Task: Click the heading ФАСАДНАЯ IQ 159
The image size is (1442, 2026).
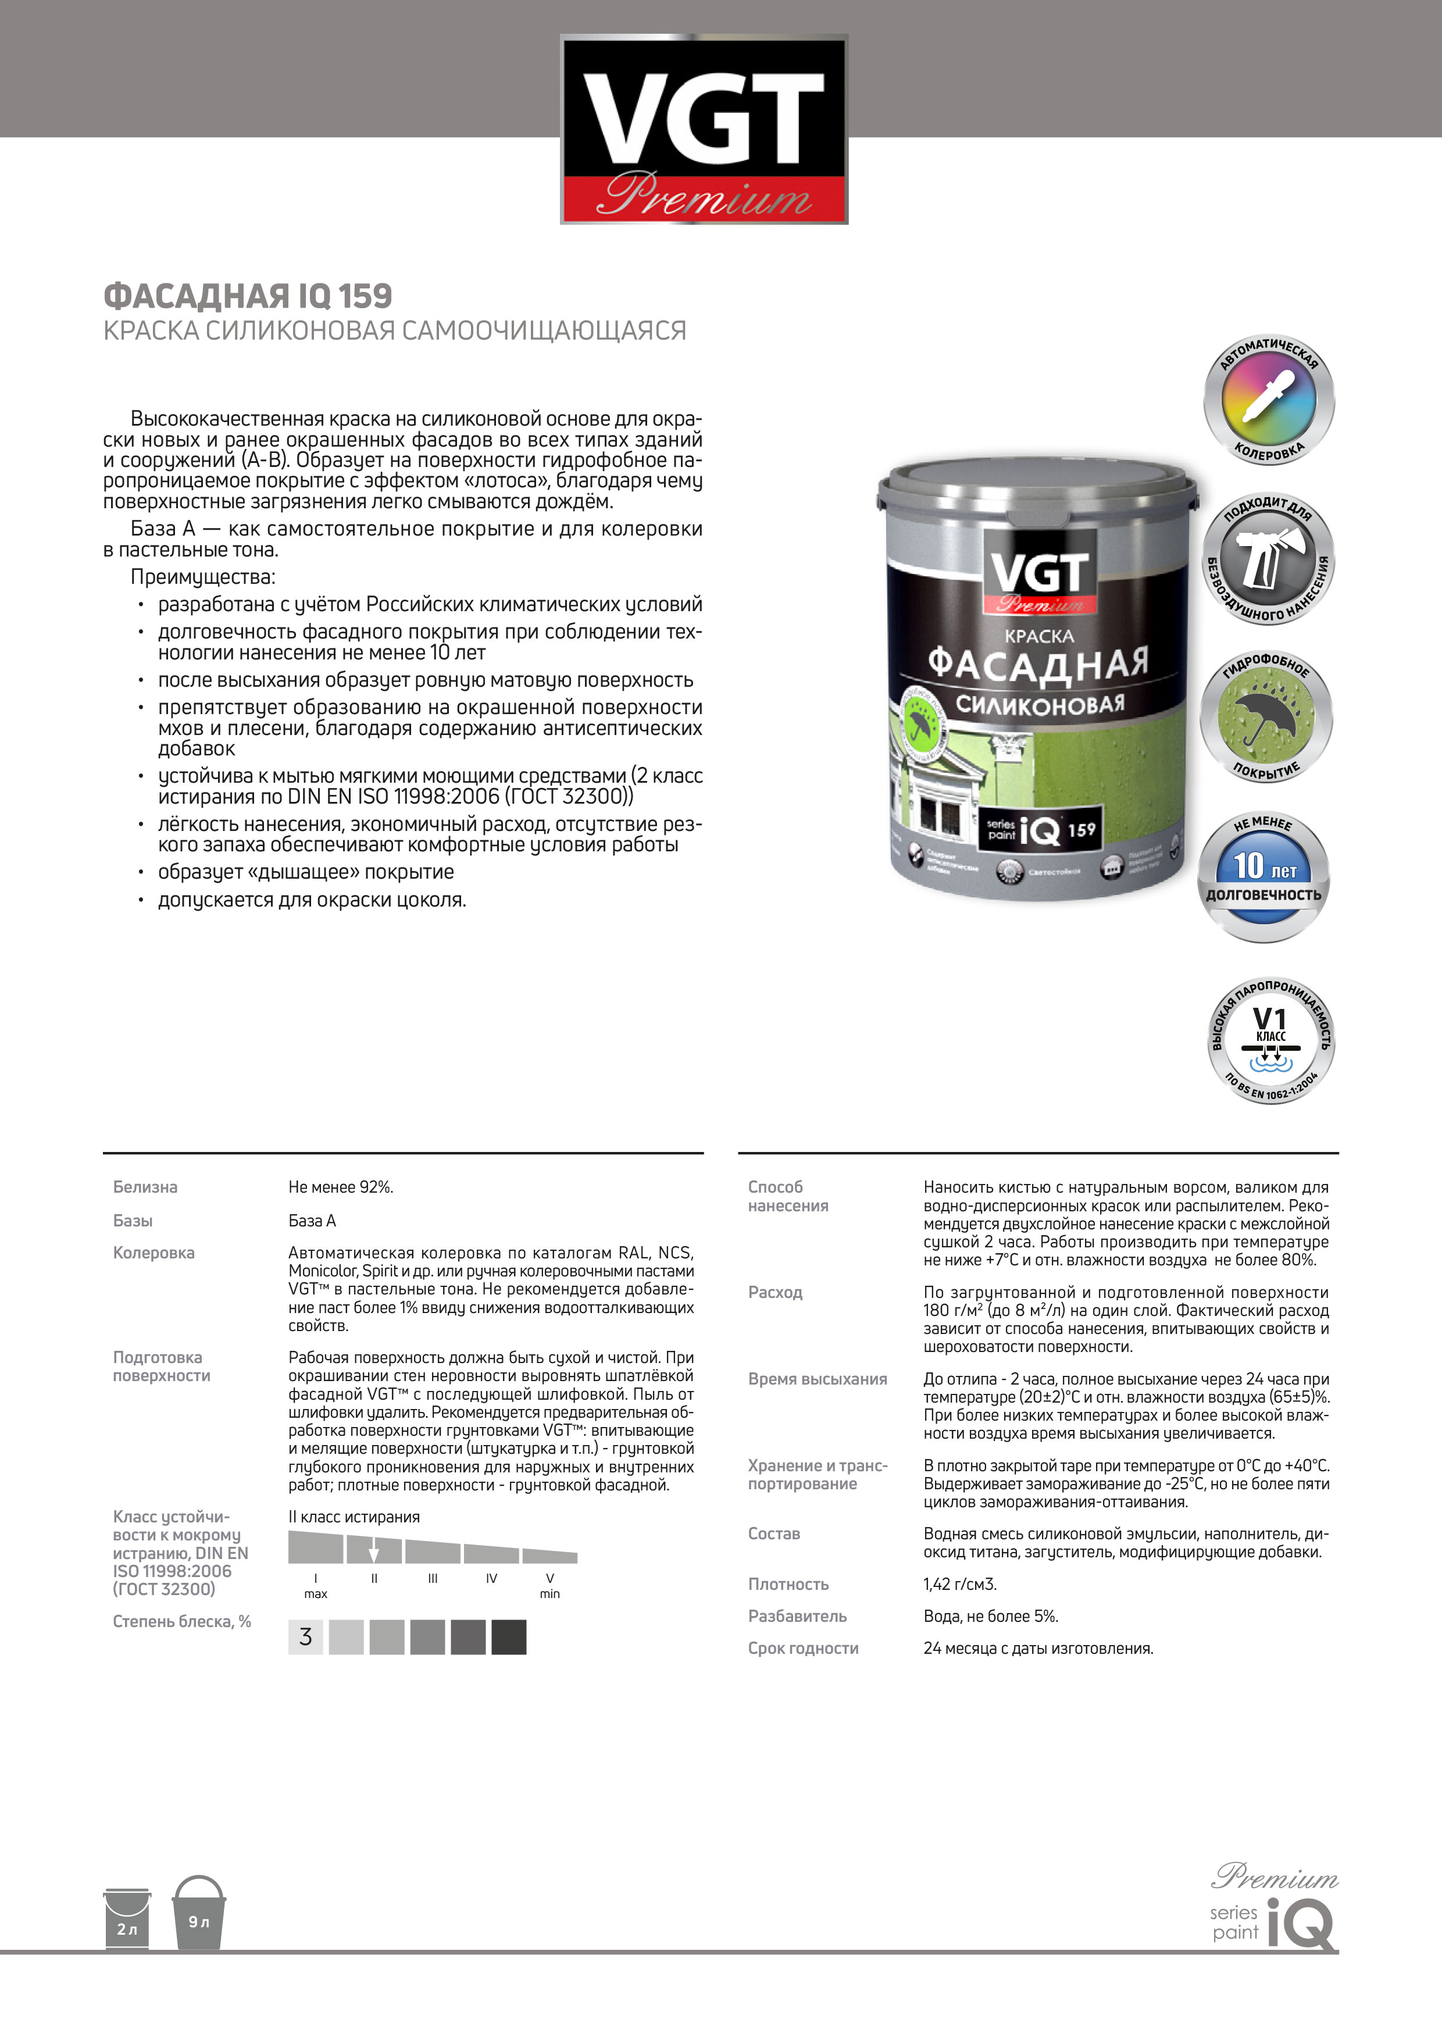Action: click(x=248, y=295)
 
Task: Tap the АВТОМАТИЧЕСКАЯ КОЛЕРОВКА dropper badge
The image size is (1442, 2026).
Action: click(x=1268, y=399)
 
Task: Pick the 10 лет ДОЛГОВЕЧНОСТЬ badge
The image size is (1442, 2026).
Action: click(x=1263, y=877)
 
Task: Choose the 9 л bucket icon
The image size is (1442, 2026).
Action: click(x=199, y=1913)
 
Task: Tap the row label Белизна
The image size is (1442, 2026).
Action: click(x=145, y=1187)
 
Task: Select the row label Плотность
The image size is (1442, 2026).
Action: click(x=788, y=1584)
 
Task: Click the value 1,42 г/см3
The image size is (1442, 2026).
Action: click(x=960, y=1584)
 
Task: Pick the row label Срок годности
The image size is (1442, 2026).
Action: click(x=802, y=1648)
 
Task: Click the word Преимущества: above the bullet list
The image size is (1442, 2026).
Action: click(x=202, y=577)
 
